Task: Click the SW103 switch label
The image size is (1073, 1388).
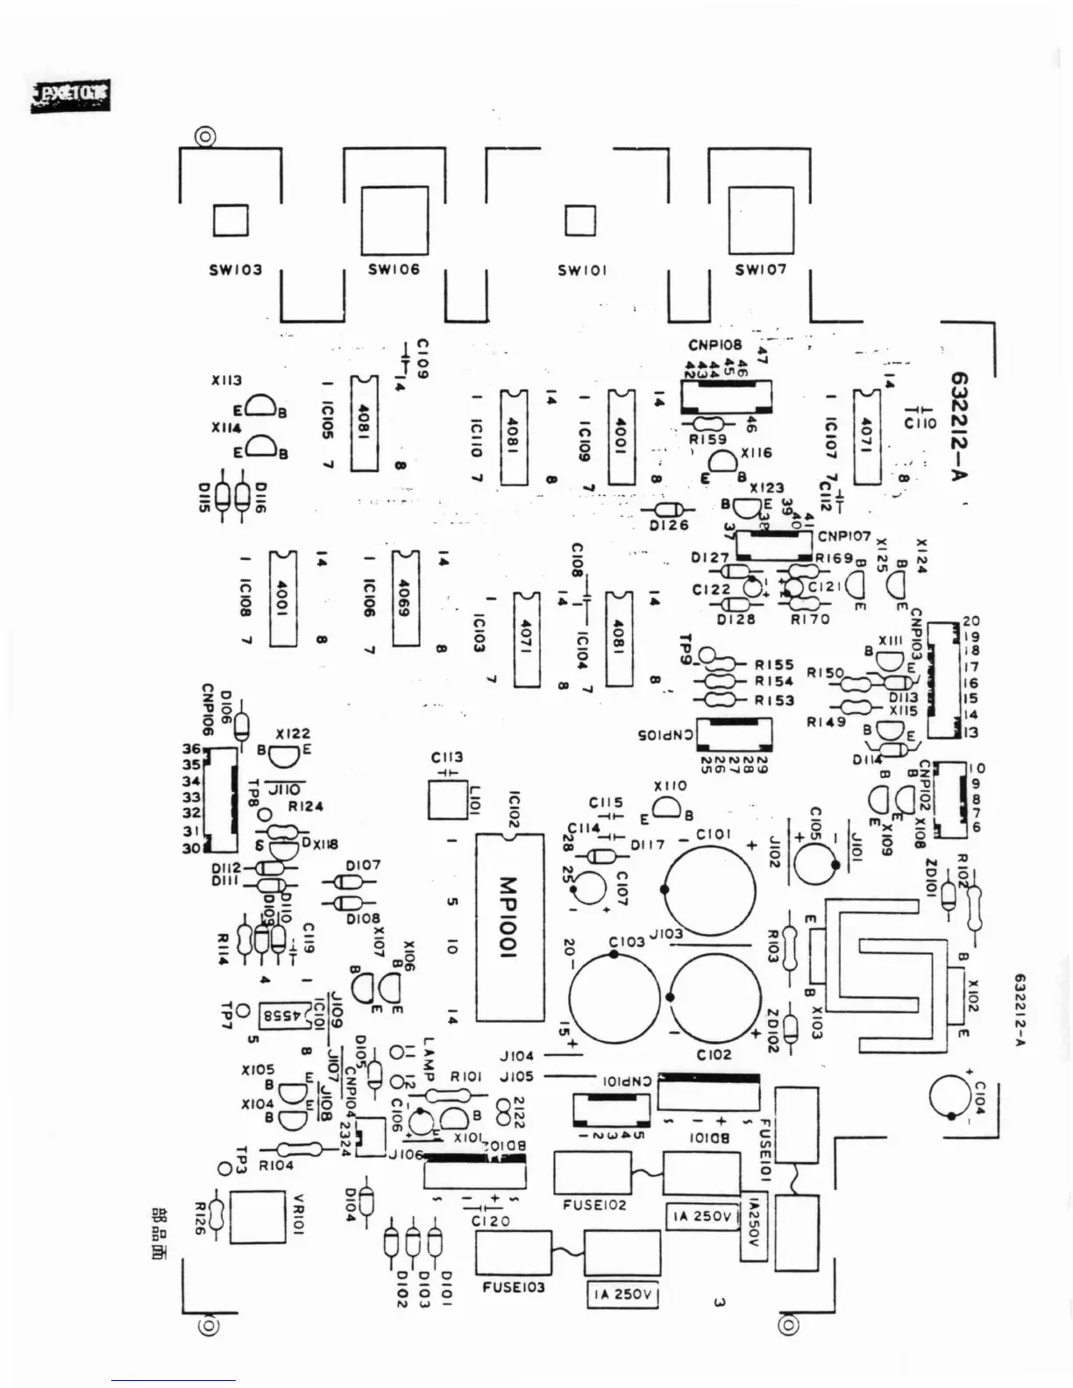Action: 235,270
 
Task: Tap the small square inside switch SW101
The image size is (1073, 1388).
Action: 580,220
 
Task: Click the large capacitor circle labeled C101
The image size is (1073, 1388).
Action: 709,887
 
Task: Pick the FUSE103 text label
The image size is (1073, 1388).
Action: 513,1287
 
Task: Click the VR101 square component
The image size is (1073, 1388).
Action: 257,1216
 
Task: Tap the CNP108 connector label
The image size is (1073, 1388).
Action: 714,345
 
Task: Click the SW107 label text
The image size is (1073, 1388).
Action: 760,270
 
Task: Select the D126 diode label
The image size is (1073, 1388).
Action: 670,526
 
